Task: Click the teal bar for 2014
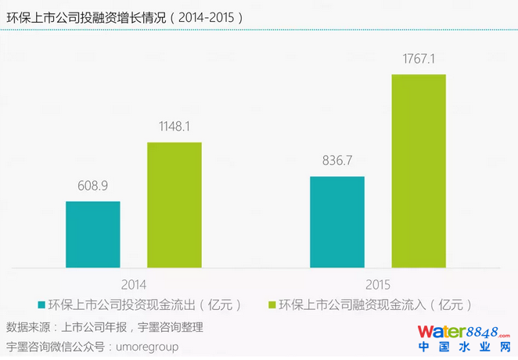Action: coord(93,235)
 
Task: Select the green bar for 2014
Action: coord(174,205)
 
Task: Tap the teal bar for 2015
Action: coord(337,222)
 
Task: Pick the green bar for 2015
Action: coord(419,171)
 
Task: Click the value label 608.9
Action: coord(92,188)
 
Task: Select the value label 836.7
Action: coord(337,163)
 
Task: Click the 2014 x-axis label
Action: coord(134,285)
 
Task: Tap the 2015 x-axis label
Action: coord(378,285)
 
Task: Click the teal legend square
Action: coord(41,304)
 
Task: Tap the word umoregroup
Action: coord(149,345)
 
